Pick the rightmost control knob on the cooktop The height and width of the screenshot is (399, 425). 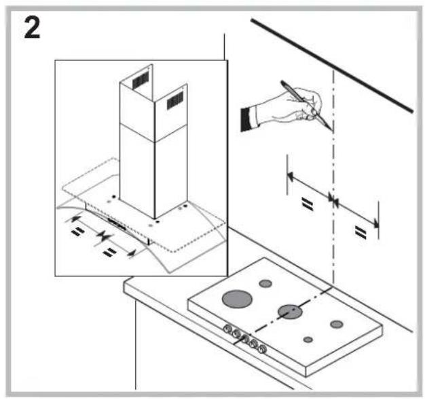263,350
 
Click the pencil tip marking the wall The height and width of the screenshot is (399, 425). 330,131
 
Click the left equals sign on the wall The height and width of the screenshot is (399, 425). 306,204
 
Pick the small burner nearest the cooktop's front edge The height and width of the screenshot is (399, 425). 308,339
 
